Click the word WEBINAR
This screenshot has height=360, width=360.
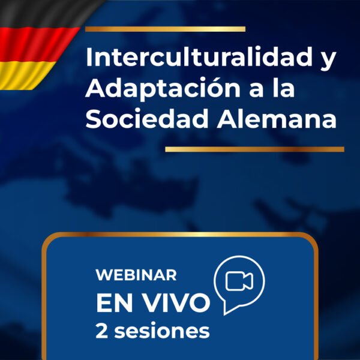click(x=136, y=275)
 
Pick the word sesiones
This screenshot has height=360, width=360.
click(x=163, y=330)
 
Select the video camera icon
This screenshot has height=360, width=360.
click(x=239, y=280)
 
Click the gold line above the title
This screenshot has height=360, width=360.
click(x=165, y=29)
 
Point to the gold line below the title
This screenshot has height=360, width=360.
click(x=254, y=149)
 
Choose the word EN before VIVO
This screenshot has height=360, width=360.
click(x=117, y=303)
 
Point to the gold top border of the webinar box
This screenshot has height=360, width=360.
click(x=180, y=235)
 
